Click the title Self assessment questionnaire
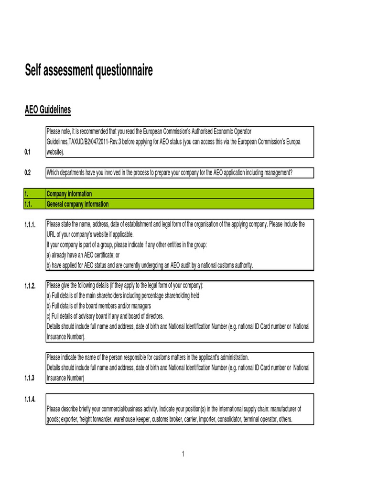pyautogui.click(x=89, y=71)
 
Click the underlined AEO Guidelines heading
pyautogui.click(x=48, y=110)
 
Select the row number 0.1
pyautogui.click(x=27, y=152)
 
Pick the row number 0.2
pyautogui.click(x=27, y=173)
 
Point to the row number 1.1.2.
pyautogui.click(x=30, y=286)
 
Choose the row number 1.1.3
pyautogui.click(x=29, y=378)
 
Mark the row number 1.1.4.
pyautogui.click(x=30, y=399)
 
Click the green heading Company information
pyautogui.click(x=69, y=194)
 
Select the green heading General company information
pyautogui.click(x=77, y=204)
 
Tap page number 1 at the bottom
pyautogui.click(x=183, y=454)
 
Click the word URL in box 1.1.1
pyautogui.click(x=52, y=234)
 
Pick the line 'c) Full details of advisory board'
pyautogui.click(x=105, y=316)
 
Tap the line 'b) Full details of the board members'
pyautogui.click(x=99, y=306)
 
